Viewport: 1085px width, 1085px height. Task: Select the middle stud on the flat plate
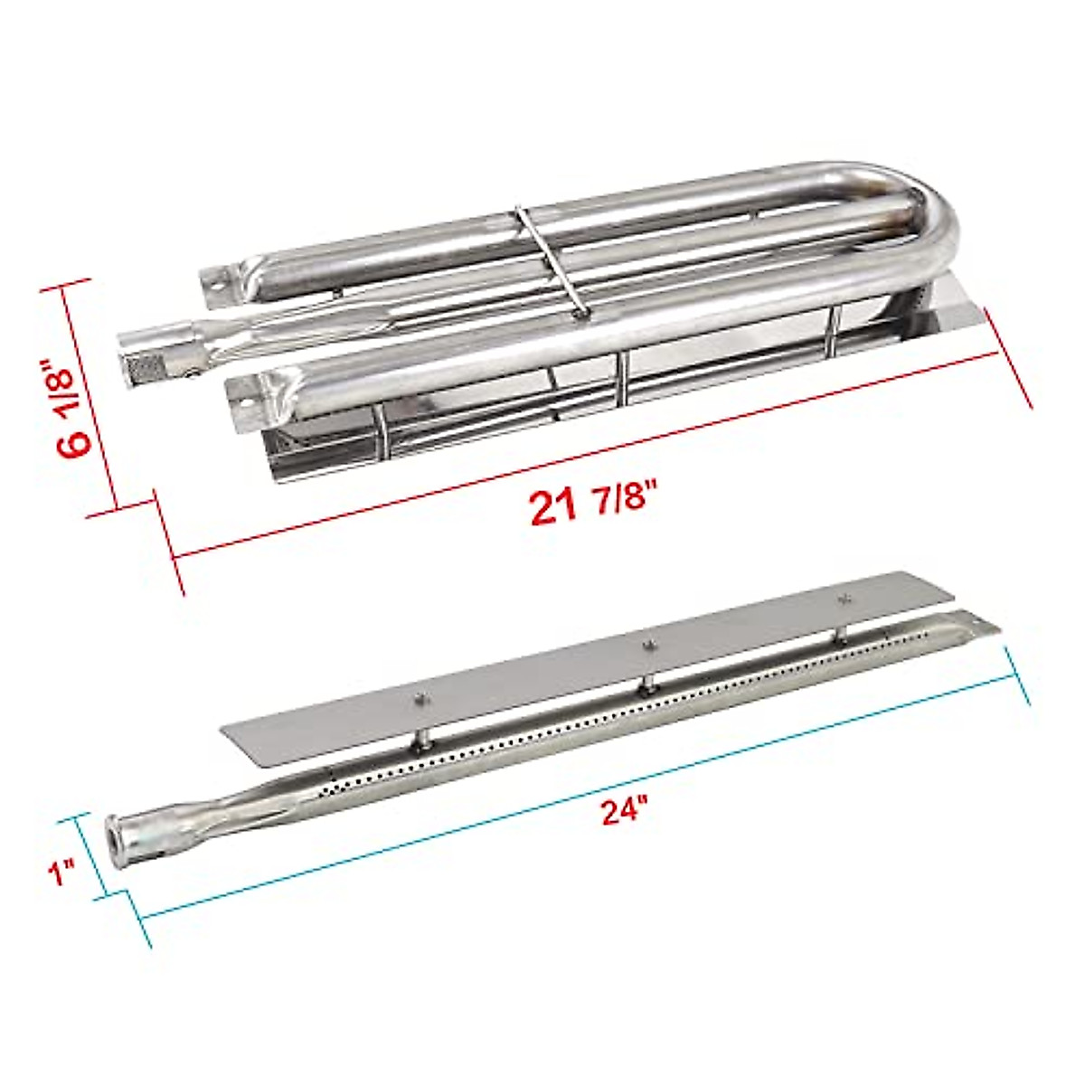pyautogui.click(x=647, y=646)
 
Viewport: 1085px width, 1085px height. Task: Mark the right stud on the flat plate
pyautogui.click(x=845, y=598)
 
